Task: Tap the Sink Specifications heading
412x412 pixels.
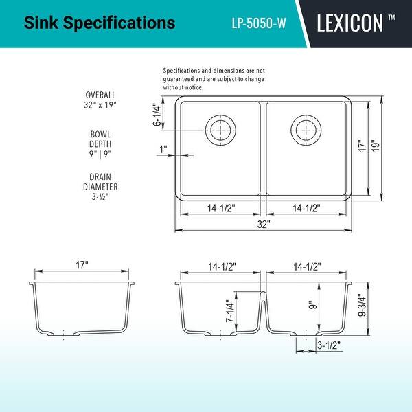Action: point(100,23)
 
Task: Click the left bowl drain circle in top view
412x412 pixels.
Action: point(220,128)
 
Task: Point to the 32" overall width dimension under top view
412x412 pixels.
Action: point(264,224)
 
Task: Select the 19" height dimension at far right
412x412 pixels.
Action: point(375,148)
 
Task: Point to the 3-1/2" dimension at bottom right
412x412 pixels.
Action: point(329,346)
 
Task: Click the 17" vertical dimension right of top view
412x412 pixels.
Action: point(361,148)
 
